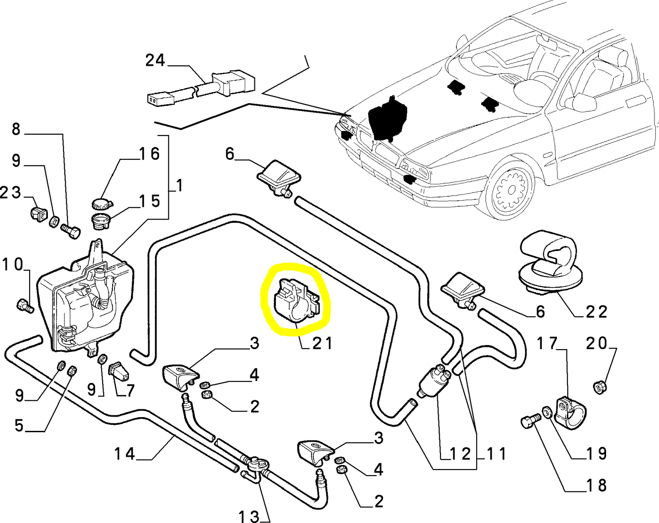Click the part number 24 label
155,60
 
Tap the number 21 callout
322,343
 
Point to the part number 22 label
597,312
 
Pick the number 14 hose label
125,454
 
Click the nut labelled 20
601,387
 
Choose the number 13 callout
249,516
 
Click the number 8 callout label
16,129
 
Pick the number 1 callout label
179,185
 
